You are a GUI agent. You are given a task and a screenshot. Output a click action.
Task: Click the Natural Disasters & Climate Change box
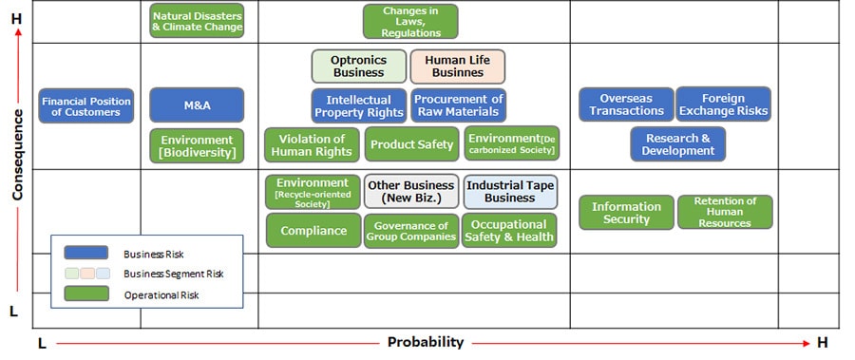(x=197, y=21)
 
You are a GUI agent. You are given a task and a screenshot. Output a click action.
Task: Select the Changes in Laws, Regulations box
(x=410, y=21)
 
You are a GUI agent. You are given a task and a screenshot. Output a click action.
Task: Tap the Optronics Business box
(x=359, y=66)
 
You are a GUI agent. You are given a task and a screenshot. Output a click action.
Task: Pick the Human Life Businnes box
(x=458, y=66)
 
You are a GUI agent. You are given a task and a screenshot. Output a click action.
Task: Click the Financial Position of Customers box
(x=86, y=105)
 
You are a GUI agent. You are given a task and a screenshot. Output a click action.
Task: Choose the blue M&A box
(x=197, y=105)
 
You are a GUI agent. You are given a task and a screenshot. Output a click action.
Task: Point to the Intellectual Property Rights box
(x=359, y=105)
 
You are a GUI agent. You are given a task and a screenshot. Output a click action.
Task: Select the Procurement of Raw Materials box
(x=458, y=105)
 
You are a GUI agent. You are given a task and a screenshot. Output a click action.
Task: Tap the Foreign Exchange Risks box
(x=724, y=104)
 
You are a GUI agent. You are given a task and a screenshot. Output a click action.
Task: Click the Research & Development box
(x=677, y=144)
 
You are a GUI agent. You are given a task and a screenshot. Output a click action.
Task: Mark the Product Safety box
(x=411, y=144)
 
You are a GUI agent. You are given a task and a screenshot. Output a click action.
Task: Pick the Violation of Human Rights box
(x=312, y=145)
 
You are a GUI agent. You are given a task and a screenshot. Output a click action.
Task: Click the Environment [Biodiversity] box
(x=197, y=145)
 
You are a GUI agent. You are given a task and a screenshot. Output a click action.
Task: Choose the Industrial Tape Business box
(x=510, y=192)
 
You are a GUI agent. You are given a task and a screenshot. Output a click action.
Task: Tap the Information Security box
(x=626, y=212)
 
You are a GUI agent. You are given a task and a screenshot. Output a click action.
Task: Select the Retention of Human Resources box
(x=725, y=212)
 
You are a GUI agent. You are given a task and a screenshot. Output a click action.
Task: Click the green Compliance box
(x=313, y=230)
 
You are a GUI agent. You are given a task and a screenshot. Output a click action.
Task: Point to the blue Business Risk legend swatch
(x=86, y=253)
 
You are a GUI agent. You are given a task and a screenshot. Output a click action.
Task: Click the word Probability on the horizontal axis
(x=426, y=343)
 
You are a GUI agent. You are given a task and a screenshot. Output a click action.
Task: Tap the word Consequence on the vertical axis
(x=17, y=155)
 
